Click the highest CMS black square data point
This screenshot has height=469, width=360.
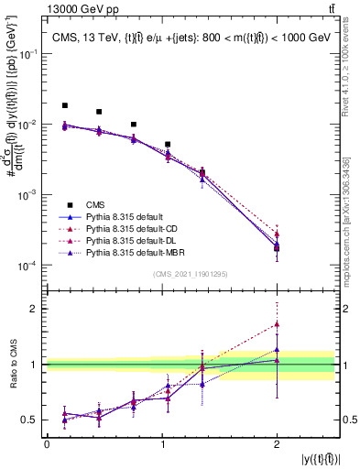(x=64, y=105)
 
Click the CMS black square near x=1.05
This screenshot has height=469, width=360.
(x=168, y=145)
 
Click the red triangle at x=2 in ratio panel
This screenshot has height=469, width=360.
(x=277, y=324)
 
